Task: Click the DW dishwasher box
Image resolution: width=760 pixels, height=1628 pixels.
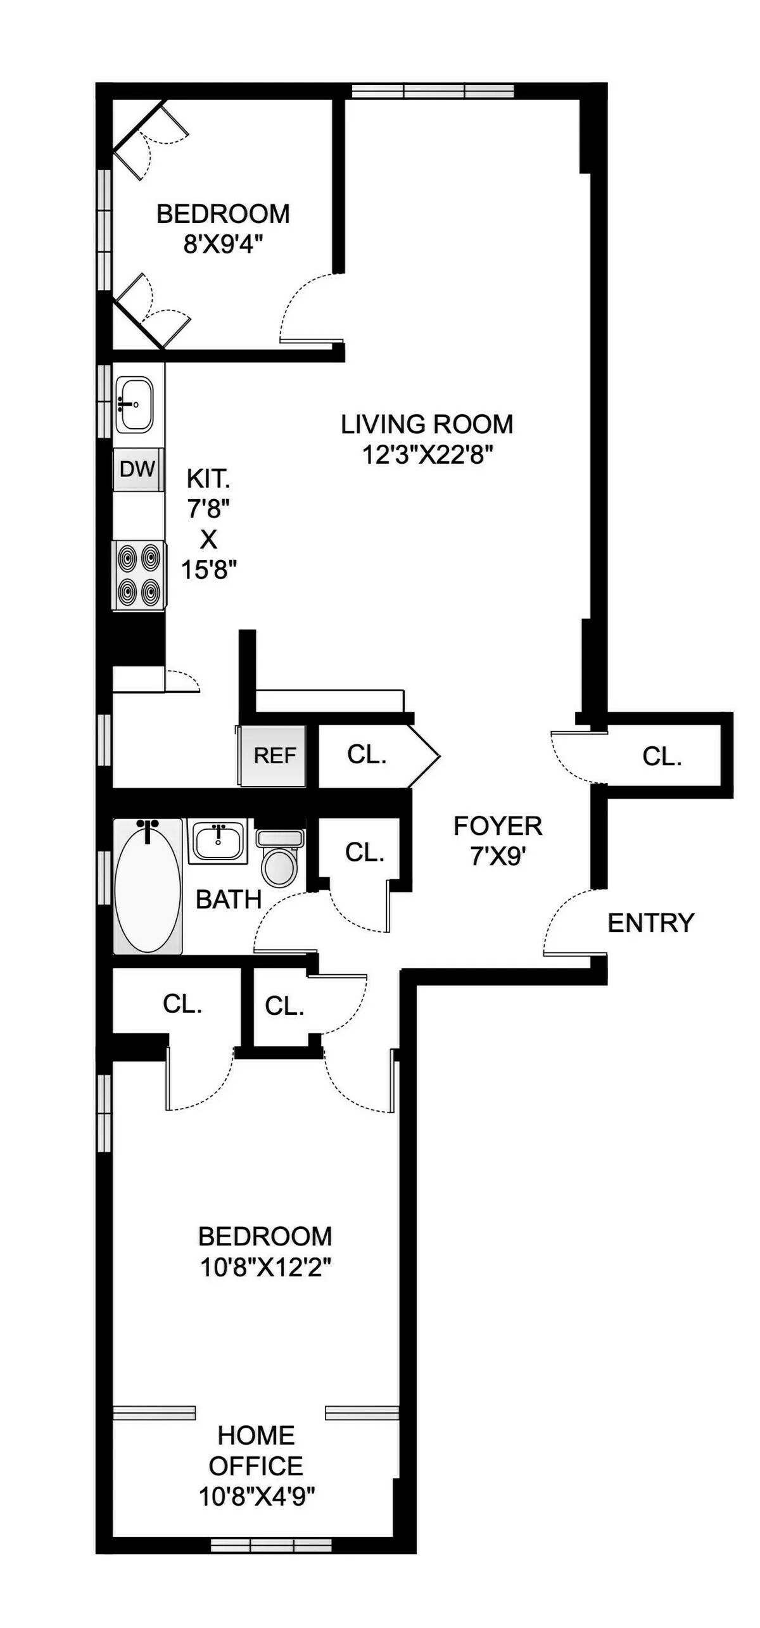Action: tap(137, 469)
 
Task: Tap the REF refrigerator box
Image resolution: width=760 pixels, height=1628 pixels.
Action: tap(274, 755)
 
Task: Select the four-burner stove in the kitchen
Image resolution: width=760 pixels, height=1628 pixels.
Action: tap(139, 575)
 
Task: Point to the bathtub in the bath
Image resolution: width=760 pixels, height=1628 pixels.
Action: tap(148, 886)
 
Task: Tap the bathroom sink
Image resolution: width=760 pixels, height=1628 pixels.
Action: tap(218, 841)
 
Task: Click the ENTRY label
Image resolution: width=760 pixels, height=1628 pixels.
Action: tap(650, 923)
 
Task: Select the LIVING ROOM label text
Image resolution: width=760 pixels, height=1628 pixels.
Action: tap(427, 424)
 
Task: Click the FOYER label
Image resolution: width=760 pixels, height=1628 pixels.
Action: tap(498, 826)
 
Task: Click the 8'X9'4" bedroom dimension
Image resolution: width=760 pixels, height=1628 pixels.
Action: tap(223, 244)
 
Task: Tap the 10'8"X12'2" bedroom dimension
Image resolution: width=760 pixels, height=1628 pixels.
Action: tap(266, 1267)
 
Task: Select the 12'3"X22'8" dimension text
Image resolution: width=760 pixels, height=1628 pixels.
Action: tap(427, 454)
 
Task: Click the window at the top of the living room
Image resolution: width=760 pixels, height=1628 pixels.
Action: tap(433, 91)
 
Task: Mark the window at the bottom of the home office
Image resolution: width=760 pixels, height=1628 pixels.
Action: tap(271, 1546)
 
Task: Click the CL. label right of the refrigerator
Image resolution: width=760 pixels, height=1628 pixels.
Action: tap(367, 754)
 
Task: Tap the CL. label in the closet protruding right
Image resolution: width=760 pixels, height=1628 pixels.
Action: tap(662, 756)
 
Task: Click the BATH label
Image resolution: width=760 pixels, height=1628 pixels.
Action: tap(228, 900)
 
